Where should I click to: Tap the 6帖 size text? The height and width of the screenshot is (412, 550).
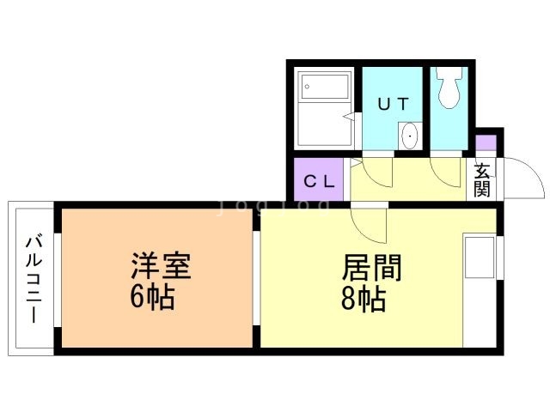click(x=155, y=298)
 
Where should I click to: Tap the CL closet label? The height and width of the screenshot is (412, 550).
click(x=321, y=181)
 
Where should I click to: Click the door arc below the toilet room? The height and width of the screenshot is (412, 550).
click(x=446, y=172)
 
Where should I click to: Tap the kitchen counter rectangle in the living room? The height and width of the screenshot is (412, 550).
click(x=480, y=257)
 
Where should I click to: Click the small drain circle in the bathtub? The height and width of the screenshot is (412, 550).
click(x=309, y=86)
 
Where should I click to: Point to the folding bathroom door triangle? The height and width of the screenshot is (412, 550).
click(x=348, y=115)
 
